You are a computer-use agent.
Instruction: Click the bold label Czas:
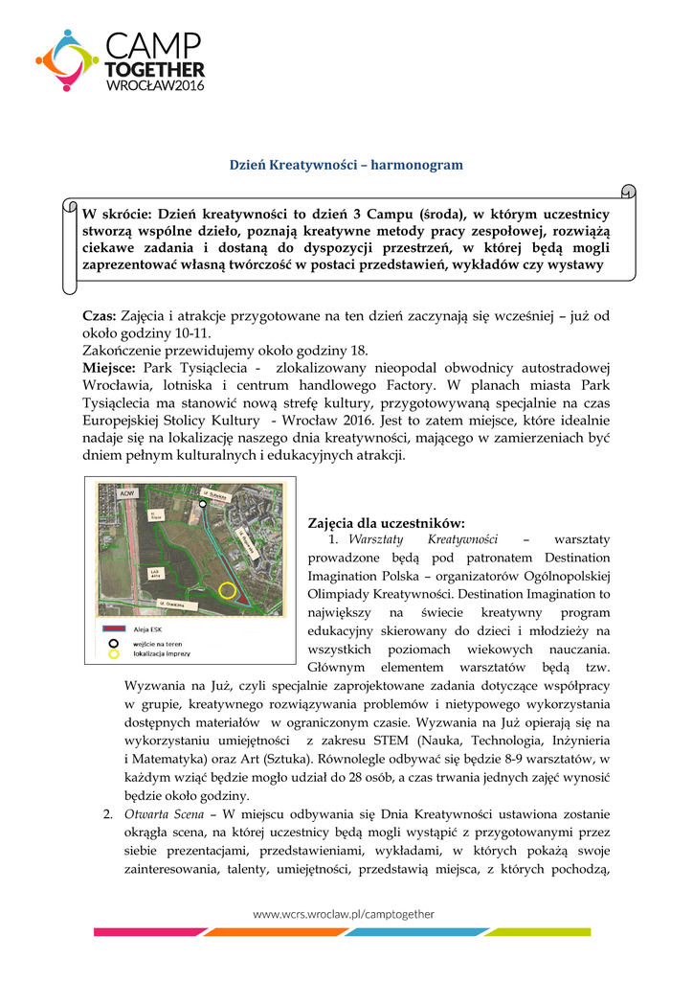(100, 315)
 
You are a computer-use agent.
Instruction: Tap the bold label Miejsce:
(110, 368)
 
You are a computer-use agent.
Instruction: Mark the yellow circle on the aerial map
(227, 590)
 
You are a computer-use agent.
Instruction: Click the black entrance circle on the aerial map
(203, 502)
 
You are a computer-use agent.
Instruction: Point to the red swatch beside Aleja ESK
(113, 630)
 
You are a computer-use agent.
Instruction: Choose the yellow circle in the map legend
(113, 655)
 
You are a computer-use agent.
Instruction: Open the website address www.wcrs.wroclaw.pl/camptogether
(343, 914)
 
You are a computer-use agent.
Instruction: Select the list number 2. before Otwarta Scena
(108, 814)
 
